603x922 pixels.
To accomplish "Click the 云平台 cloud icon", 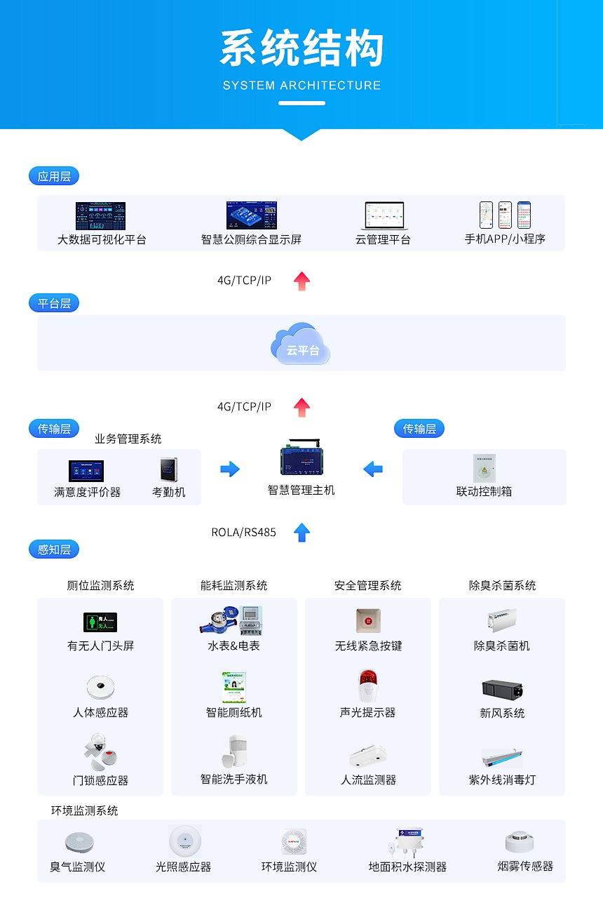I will click(301, 344).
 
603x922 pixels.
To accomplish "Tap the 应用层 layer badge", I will click(54, 176).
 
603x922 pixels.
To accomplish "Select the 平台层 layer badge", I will click(54, 303).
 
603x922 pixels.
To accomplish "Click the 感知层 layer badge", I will click(54, 549).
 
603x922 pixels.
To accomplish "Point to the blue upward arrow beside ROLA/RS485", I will click(301, 533).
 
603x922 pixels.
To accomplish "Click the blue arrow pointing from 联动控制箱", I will click(373, 469).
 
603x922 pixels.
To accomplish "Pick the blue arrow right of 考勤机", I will click(230, 469).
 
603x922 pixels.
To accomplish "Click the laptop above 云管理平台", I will click(383, 216).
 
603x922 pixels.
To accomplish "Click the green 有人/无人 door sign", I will click(100, 622).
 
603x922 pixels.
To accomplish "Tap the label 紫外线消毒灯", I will click(502, 780).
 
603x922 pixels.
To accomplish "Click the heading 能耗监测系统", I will click(233, 585).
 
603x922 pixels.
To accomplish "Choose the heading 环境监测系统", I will click(84, 810).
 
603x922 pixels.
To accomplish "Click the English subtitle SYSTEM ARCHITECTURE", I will click(301, 86).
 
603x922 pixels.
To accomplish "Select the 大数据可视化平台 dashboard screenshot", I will click(100, 215).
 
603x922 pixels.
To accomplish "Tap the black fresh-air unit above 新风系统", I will click(502, 688).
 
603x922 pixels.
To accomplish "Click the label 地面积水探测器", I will click(407, 867).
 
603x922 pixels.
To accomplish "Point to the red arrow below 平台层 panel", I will click(301, 407).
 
